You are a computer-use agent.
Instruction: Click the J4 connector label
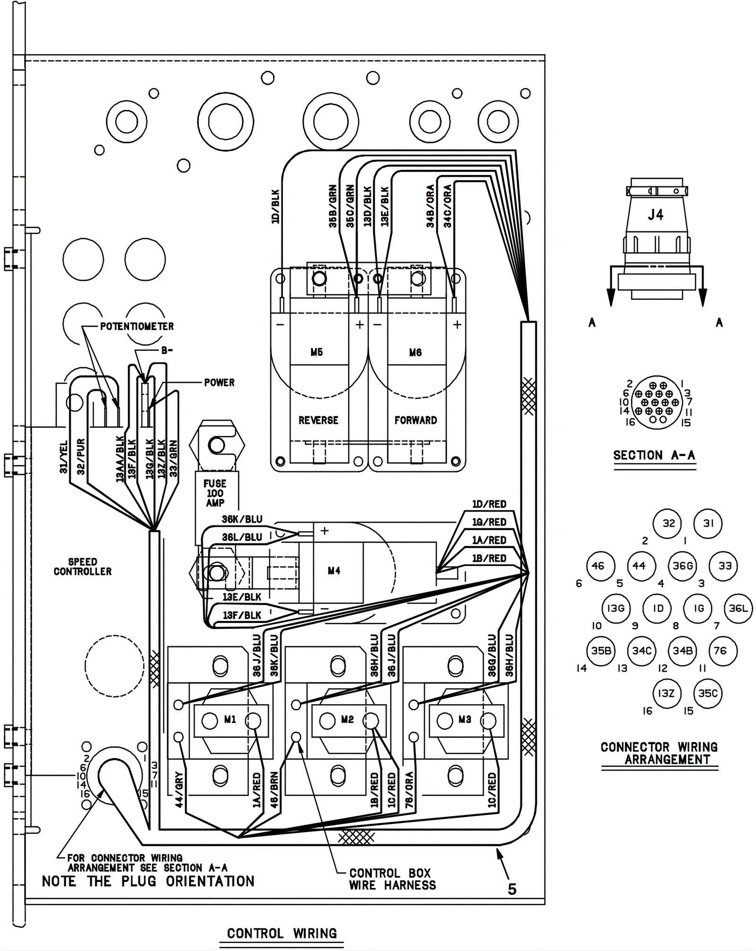pyautogui.click(x=655, y=215)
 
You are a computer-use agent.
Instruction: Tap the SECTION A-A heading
pyautogui.click(x=654, y=455)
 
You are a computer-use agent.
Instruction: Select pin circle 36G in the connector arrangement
pyautogui.click(x=683, y=565)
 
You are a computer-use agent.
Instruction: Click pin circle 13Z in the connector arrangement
pyautogui.click(x=666, y=693)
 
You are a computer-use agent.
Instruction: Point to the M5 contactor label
pyautogui.click(x=317, y=352)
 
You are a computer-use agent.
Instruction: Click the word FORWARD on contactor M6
pyautogui.click(x=416, y=420)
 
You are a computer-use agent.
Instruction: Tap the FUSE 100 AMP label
pyautogui.click(x=215, y=493)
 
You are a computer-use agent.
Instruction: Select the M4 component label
pyautogui.click(x=334, y=571)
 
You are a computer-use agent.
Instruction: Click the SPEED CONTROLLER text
pyautogui.click(x=83, y=566)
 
